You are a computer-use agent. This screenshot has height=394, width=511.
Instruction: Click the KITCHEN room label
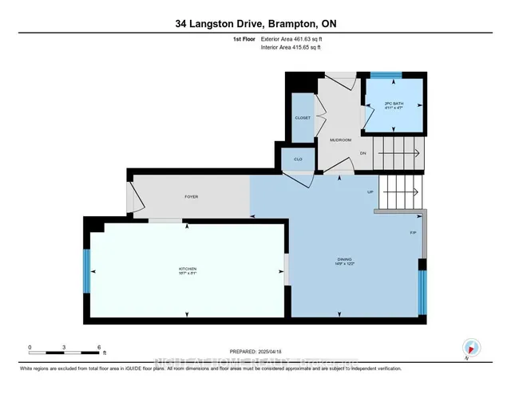188,269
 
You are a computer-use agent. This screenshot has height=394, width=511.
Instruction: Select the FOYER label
191,196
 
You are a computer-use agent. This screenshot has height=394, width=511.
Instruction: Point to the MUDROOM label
341,140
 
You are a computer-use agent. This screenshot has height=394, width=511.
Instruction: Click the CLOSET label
303,117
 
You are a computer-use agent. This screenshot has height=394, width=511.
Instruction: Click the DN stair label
362,153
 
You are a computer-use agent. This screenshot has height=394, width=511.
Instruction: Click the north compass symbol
470,347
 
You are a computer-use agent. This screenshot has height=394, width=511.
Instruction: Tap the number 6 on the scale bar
99,347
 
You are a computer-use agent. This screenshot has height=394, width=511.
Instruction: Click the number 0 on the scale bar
30,347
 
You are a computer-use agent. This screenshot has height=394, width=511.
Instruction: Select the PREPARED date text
256,352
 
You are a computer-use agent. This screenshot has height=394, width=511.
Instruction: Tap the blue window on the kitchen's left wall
86,271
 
